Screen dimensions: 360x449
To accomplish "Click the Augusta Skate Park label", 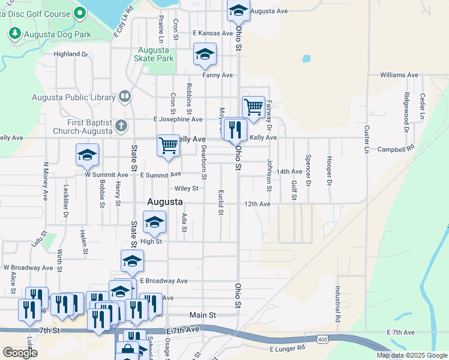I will click(x=155, y=55).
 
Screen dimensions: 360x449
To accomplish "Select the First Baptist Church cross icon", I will click(x=121, y=125).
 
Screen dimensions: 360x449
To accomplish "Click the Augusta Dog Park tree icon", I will click(x=15, y=35).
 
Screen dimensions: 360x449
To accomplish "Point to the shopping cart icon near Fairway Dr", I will click(x=254, y=107).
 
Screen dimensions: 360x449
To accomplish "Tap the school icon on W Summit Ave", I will click(x=87, y=155).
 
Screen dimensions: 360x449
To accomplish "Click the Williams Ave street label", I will click(x=399, y=76).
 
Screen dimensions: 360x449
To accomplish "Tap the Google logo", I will click(x=20, y=353).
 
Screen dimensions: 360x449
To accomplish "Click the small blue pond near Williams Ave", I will click(x=307, y=59).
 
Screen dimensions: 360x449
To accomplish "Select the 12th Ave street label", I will click(x=257, y=204).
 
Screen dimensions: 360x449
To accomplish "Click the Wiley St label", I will click(x=186, y=188).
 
